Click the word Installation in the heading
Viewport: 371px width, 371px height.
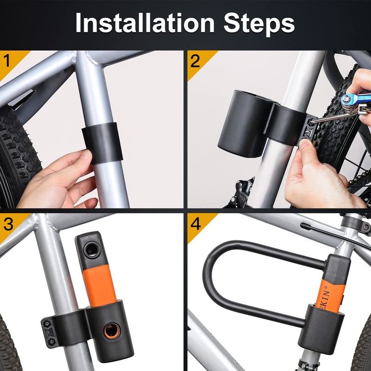[x=145, y=23]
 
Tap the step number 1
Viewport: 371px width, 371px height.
[x=7, y=61]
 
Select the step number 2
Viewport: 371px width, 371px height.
[x=195, y=61]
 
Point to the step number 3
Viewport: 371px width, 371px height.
[x=8, y=224]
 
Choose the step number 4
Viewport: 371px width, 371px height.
[x=195, y=224]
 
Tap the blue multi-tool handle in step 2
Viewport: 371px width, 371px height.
[x=355, y=99]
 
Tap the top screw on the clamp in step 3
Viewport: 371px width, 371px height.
[x=48, y=322]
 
